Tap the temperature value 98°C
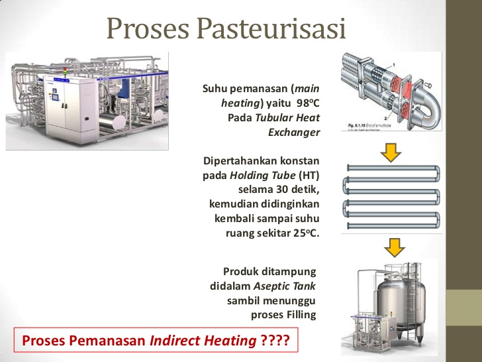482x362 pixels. [x=308, y=103]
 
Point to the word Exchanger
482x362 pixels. [x=294, y=132]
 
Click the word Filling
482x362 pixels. [x=300, y=315]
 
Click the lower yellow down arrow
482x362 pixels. [x=394, y=247]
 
